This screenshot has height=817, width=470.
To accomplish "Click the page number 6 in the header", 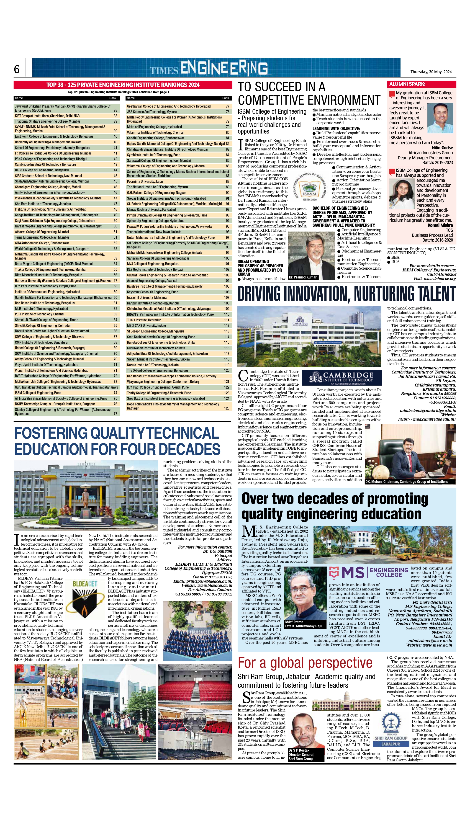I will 17,70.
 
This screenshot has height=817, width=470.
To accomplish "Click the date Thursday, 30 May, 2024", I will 431,72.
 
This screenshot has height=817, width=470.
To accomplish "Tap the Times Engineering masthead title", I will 208,68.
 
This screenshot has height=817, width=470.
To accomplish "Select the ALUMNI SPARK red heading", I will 407,84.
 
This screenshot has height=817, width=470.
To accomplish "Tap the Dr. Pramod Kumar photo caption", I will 303,277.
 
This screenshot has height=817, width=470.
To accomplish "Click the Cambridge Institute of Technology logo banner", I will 341,377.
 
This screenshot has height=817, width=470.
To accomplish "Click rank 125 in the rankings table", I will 227,408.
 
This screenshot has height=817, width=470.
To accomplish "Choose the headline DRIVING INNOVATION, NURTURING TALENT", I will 346,294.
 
